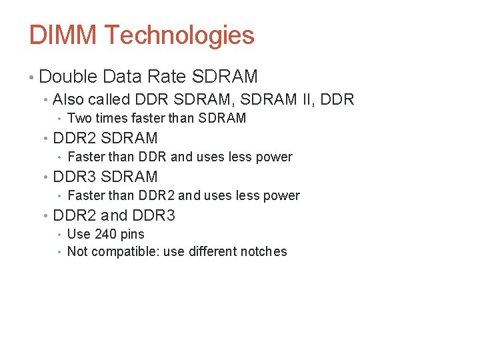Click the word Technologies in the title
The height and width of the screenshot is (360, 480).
tap(179, 35)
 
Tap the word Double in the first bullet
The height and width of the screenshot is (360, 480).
tap(68, 77)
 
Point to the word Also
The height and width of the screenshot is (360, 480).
tap(68, 100)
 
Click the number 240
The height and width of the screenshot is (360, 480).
tap(105, 234)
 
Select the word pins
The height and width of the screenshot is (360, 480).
tap(132, 234)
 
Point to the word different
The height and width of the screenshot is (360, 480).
tap(207, 252)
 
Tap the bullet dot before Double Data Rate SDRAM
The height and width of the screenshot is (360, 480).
tap(32, 77)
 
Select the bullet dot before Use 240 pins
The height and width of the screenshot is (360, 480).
tap(60, 235)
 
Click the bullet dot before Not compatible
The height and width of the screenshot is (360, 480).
tap(60, 252)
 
